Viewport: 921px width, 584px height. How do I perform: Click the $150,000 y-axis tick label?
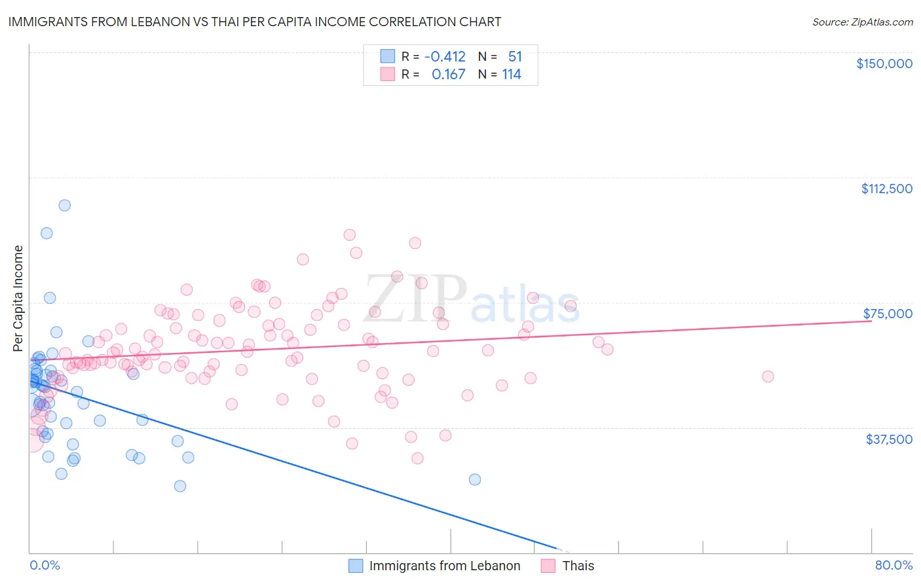(x=884, y=64)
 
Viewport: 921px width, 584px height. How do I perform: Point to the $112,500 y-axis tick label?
(x=886, y=189)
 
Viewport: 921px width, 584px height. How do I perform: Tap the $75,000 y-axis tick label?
(x=888, y=314)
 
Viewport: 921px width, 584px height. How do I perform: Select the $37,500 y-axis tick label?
(x=889, y=439)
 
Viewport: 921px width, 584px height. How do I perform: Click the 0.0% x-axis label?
(x=45, y=565)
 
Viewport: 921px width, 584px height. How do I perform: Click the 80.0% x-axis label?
(x=893, y=565)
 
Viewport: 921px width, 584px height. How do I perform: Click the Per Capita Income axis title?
(x=18, y=298)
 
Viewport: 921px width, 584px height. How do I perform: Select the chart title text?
(x=254, y=22)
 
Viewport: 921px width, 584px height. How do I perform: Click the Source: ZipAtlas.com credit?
(x=862, y=22)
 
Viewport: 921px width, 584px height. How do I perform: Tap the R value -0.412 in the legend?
(x=445, y=56)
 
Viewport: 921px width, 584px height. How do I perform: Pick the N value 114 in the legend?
(x=512, y=75)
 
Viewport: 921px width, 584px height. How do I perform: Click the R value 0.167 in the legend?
(x=448, y=75)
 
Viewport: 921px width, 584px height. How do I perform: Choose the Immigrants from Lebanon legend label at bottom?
(x=445, y=566)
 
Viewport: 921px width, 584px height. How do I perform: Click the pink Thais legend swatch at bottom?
(x=548, y=566)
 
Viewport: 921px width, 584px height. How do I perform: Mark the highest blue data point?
(x=64, y=205)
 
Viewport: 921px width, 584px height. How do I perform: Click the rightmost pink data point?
(x=768, y=376)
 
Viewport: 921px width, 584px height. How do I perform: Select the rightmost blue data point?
(x=475, y=479)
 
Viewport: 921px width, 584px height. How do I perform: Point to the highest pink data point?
(x=349, y=235)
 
